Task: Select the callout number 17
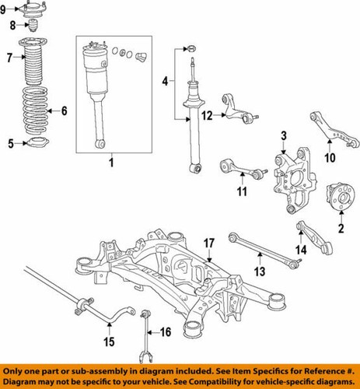(208, 244)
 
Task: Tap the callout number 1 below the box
(110, 163)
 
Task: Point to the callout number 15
(109, 342)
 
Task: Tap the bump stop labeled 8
(33, 26)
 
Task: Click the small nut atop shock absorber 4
(190, 50)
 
